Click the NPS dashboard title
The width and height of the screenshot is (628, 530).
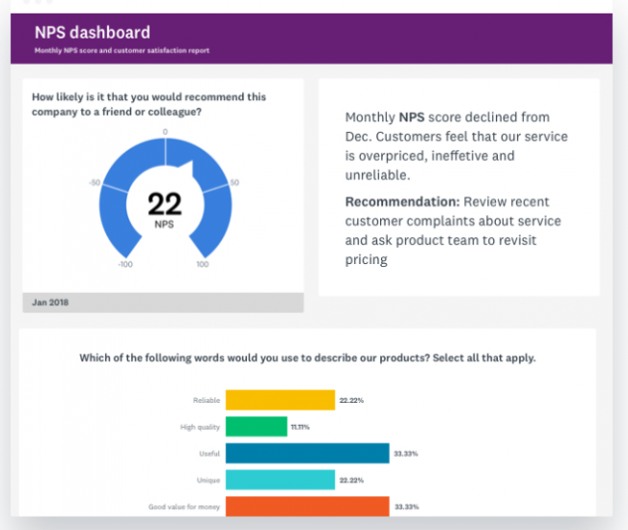point(93,33)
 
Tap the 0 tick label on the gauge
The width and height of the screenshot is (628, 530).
point(165,131)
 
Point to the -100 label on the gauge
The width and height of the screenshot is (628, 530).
point(125,263)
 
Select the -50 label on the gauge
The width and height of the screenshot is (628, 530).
point(95,182)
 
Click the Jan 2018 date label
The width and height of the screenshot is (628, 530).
point(50,303)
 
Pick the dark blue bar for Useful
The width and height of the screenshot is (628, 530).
point(307,453)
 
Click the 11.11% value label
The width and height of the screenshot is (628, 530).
point(302,426)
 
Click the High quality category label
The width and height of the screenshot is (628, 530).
point(201,426)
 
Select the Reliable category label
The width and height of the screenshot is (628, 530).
point(206,399)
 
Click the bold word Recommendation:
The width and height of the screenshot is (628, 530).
point(401,201)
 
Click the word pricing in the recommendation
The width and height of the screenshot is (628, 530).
point(367,260)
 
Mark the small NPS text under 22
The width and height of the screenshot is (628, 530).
point(165,224)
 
